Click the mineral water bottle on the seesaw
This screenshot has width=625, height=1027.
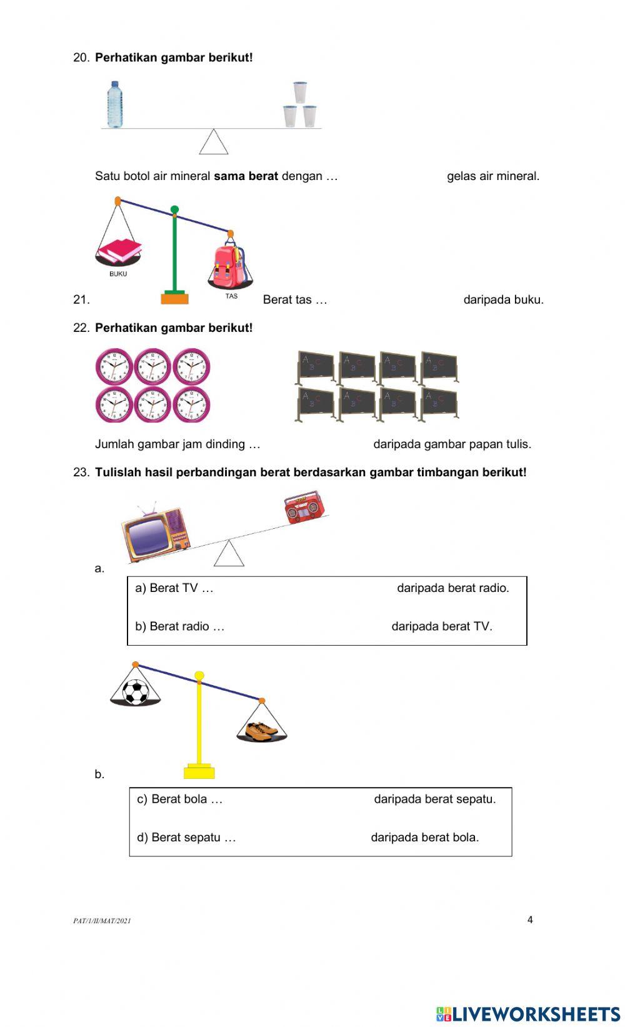[114, 104]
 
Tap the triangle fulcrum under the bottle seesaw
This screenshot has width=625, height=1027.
[214, 143]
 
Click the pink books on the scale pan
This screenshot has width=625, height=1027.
[119, 251]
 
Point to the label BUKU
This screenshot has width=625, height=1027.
[118, 274]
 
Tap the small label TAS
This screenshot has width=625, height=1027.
[231, 296]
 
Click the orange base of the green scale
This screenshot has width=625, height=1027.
[174, 298]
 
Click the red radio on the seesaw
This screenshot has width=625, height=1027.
[305, 507]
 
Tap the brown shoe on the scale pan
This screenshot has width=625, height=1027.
[261, 730]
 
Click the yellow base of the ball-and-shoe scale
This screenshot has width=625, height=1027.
[199, 772]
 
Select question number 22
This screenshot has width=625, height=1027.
[81, 328]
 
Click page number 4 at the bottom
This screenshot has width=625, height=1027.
[530, 919]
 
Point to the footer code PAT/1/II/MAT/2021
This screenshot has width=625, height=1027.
[102, 921]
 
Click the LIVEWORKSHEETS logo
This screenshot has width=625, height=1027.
[527, 1013]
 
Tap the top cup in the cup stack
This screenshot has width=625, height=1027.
[300, 92]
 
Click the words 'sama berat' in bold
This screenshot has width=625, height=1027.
[246, 176]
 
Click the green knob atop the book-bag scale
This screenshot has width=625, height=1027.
[174, 209]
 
